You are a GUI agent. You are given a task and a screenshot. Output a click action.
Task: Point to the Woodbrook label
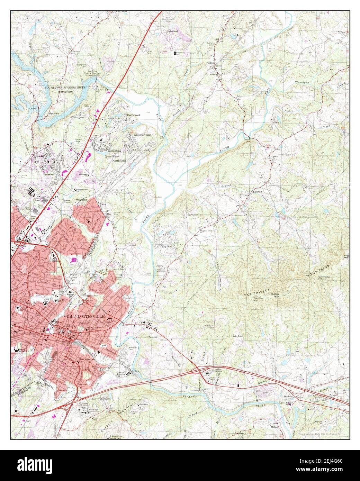(114, 151)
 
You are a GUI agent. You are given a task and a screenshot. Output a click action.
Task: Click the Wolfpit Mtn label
(274, 294)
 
